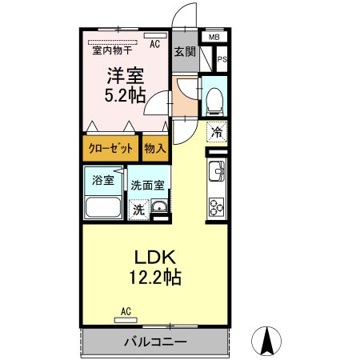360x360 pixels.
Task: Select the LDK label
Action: coord(154,258)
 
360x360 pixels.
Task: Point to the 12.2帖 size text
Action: coord(154,278)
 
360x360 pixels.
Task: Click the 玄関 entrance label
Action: coord(184,52)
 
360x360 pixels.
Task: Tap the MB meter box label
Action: coord(214,37)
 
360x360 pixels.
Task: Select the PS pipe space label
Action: coord(222,59)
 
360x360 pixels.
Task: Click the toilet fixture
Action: coord(214,99)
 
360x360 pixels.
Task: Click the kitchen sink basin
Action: coord(216,170)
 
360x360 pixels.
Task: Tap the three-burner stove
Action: coord(216,206)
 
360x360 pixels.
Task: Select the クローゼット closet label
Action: coord(110,148)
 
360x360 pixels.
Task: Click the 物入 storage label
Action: coord(154,148)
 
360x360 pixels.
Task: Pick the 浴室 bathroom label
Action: coord(102,179)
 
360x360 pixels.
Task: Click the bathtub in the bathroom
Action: coord(102,209)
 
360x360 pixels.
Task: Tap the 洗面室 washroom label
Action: coord(147,183)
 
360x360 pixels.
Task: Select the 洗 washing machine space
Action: coord(139,210)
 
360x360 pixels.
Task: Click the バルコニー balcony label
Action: coord(155,342)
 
